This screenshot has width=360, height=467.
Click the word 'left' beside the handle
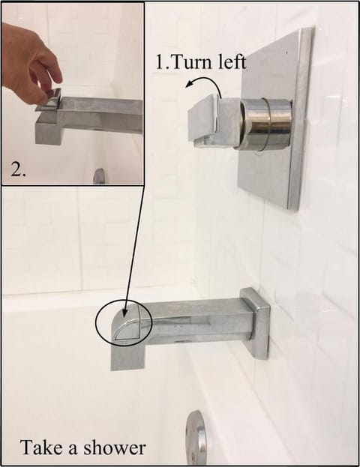pyautogui.click(x=232, y=62)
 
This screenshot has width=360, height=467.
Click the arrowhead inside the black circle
pyautogui.click(x=126, y=310)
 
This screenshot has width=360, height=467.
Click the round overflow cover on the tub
pyautogui.click(x=196, y=438)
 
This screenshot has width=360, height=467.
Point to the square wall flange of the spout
pyautogui.click(x=255, y=323)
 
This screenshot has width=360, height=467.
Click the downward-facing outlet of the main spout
pyautogui.click(x=128, y=355)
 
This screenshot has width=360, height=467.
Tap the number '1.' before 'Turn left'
pyautogui.click(x=163, y=62)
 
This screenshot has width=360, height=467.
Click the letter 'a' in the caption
pyautogui.click(x=72, y=450)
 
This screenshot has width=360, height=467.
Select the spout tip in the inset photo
pyautogui.click(x=49, y=129)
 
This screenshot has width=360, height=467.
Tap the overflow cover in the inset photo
pyautogui.click(x=99, y=176)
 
